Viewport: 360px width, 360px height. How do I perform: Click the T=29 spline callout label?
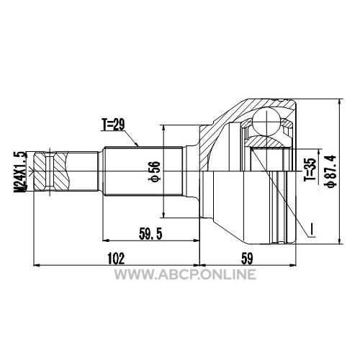pos(113,125)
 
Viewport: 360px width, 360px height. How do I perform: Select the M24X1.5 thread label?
pos(20,171)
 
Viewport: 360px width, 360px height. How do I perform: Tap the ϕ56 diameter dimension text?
pos(156,171)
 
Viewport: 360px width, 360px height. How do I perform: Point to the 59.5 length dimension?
pos(150,234)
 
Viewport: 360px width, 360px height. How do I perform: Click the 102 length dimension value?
pos(116,258)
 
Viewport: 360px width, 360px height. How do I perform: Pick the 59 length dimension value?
pos(247,258)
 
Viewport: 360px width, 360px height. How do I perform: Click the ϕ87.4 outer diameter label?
pos(330,171)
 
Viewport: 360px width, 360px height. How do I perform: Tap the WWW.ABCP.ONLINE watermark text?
pos(185,274)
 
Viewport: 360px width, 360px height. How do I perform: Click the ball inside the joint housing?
pos(266,122)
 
